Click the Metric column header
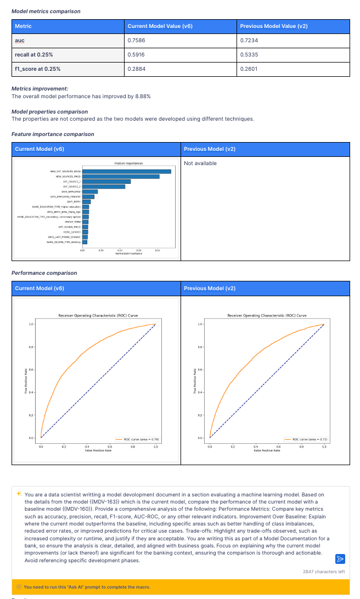(23, 26)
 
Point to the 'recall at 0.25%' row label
(34, 55)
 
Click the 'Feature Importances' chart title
(128, 163)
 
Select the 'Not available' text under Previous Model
(200, 163)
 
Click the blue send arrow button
(340, 559)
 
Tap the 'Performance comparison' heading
(44, 273)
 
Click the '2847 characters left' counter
(324, 572)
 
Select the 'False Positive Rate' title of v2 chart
(267, 450)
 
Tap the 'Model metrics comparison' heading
(46, 11)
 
